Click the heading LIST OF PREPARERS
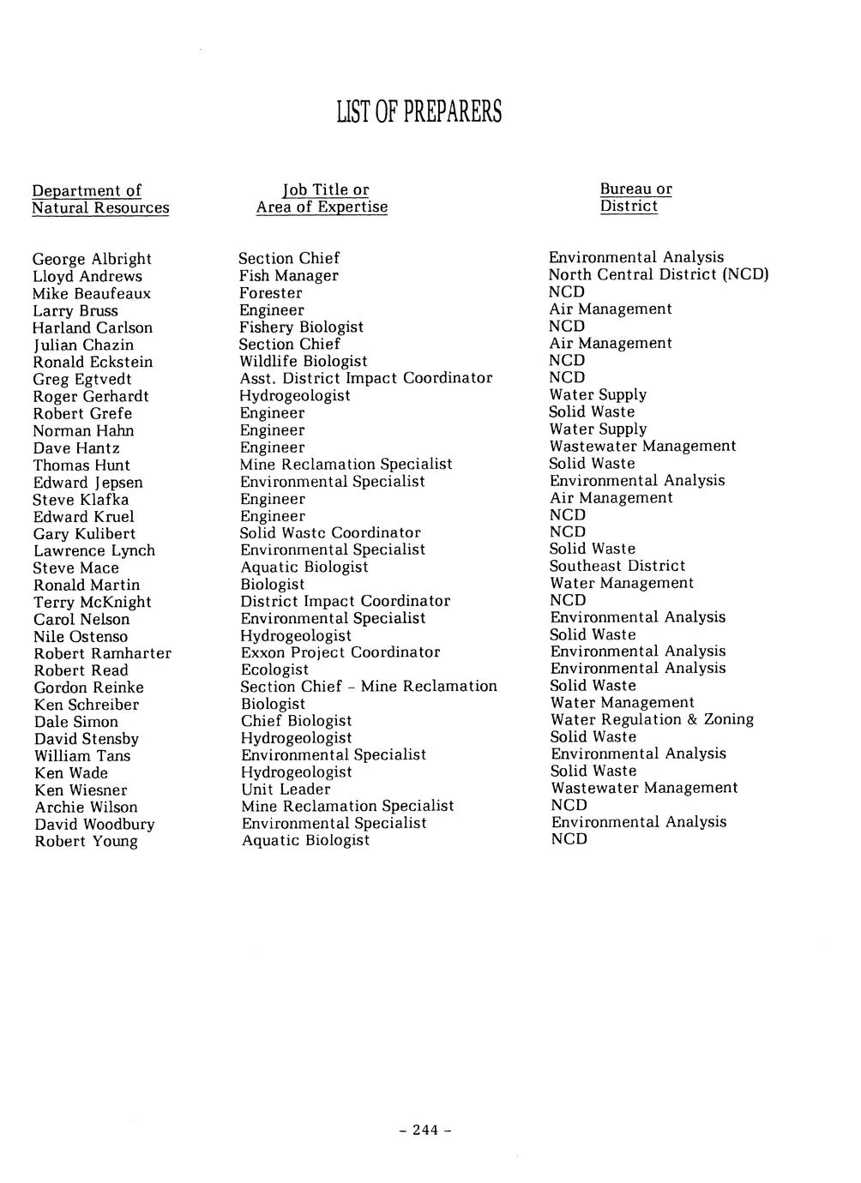point(418,112)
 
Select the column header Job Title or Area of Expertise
point(322,198)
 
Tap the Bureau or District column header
point(635,197)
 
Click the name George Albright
point(92,259)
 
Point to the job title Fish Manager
point(288,275)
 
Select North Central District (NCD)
point(659,274)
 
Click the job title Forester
point(270,292)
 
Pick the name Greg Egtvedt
point(82,379)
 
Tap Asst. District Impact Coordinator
point(365,378)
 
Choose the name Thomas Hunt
point(81,465)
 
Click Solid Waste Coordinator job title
point(330,532)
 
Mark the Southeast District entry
point(617,566)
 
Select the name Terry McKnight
point(93,602)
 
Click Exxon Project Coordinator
point(340,652)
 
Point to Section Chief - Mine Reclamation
point(369,687)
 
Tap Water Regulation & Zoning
point(652,719)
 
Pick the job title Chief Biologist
point(296,721)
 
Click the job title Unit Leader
point(286,789)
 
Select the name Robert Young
point(86,841)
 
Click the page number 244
point(425,1130)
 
